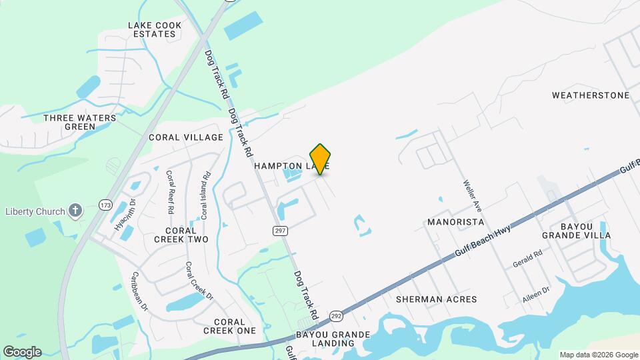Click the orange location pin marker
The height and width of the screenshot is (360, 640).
point(321,159)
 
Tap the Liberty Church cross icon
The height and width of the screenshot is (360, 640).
point(76,211)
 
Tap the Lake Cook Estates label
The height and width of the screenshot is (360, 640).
point(155,29)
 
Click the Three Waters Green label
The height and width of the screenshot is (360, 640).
point(79,122)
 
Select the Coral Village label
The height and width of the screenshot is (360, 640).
point(186,137)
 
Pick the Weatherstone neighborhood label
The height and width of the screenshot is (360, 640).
point(591,95)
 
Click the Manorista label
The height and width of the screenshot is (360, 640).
point(455,221)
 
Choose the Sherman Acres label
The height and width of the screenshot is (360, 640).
point(436,299)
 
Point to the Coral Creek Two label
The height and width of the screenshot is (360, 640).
point(181,234)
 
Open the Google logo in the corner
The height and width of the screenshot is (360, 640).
point(22,352)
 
